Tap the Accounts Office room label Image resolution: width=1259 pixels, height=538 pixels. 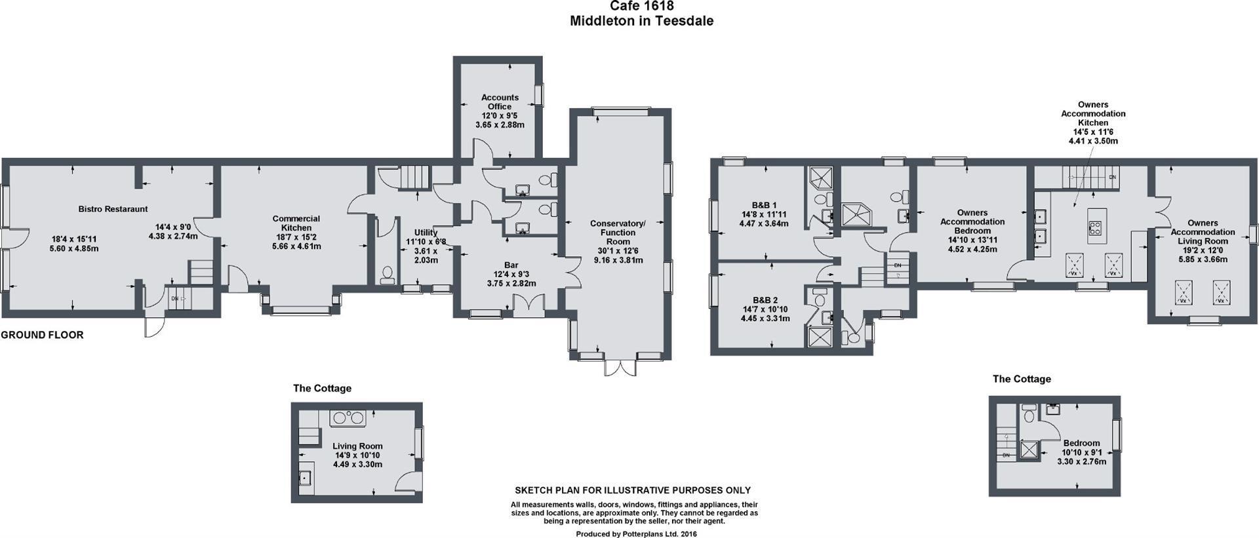(x=500, y=102)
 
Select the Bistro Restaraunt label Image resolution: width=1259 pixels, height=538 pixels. (x=113, y=209)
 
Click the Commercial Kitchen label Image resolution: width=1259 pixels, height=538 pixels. (x=296, y=223)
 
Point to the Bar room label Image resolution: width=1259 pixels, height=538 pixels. (x=511, y=265)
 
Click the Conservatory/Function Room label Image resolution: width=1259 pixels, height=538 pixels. (x=618, y=233)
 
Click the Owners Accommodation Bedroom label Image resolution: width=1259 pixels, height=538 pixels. (x=972, y=221)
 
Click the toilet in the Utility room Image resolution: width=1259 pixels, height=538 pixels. (x=387, y=275)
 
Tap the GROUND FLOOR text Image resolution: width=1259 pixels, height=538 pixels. (x=42, y=335)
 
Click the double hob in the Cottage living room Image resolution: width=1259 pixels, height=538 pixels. (x=348, y=417)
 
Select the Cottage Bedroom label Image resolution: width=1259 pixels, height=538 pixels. (x=1081, y=443)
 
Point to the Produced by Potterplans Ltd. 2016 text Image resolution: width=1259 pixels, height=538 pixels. (x=636, y=534)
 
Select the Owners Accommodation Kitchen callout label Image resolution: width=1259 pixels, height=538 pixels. (x=1093, y=114)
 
